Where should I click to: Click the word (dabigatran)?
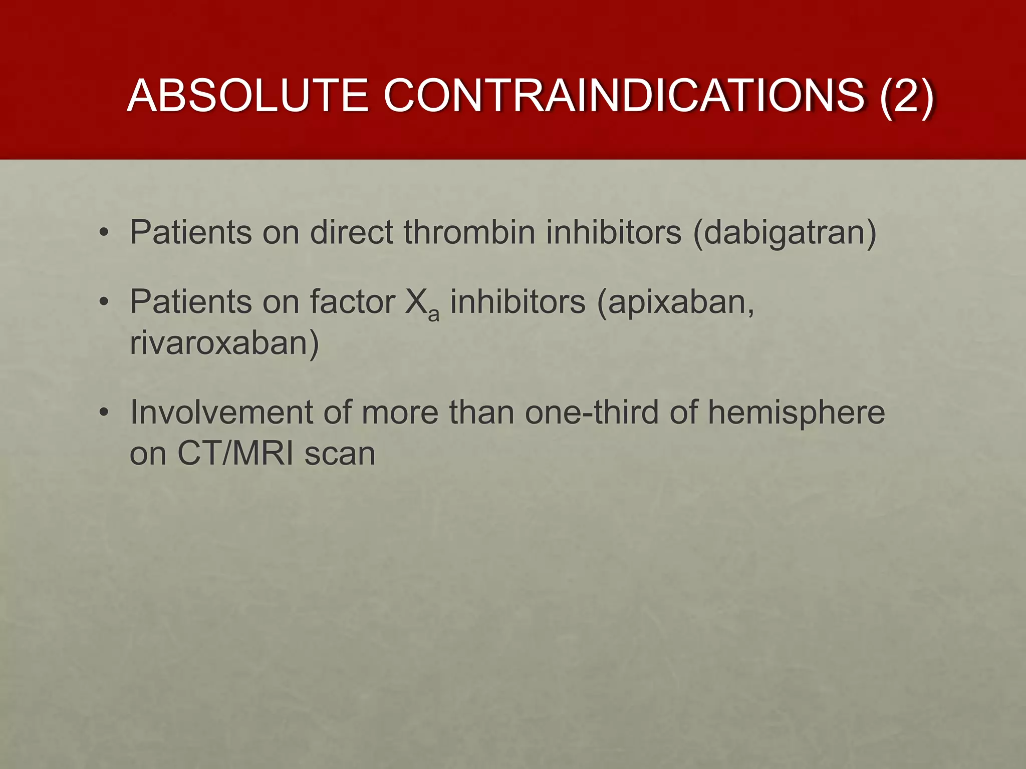click(785, 233)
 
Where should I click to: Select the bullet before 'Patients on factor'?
click(104, 302)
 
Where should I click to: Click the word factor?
click(352, 302)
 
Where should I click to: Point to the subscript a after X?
click(434, 314)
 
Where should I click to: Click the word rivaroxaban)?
click(224, 343)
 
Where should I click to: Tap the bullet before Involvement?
click(104, 413)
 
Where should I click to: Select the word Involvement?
click(220, 413)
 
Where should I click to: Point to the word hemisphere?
click(796, 413)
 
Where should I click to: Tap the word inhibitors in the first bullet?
click(614, 232)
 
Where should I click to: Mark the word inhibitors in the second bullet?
click(518, 302)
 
